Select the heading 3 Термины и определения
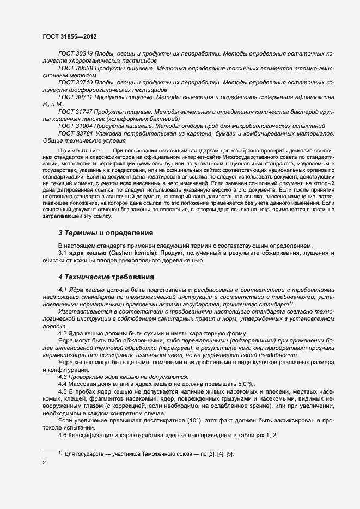tap(105, 233)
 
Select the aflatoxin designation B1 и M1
tap(53, 104)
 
